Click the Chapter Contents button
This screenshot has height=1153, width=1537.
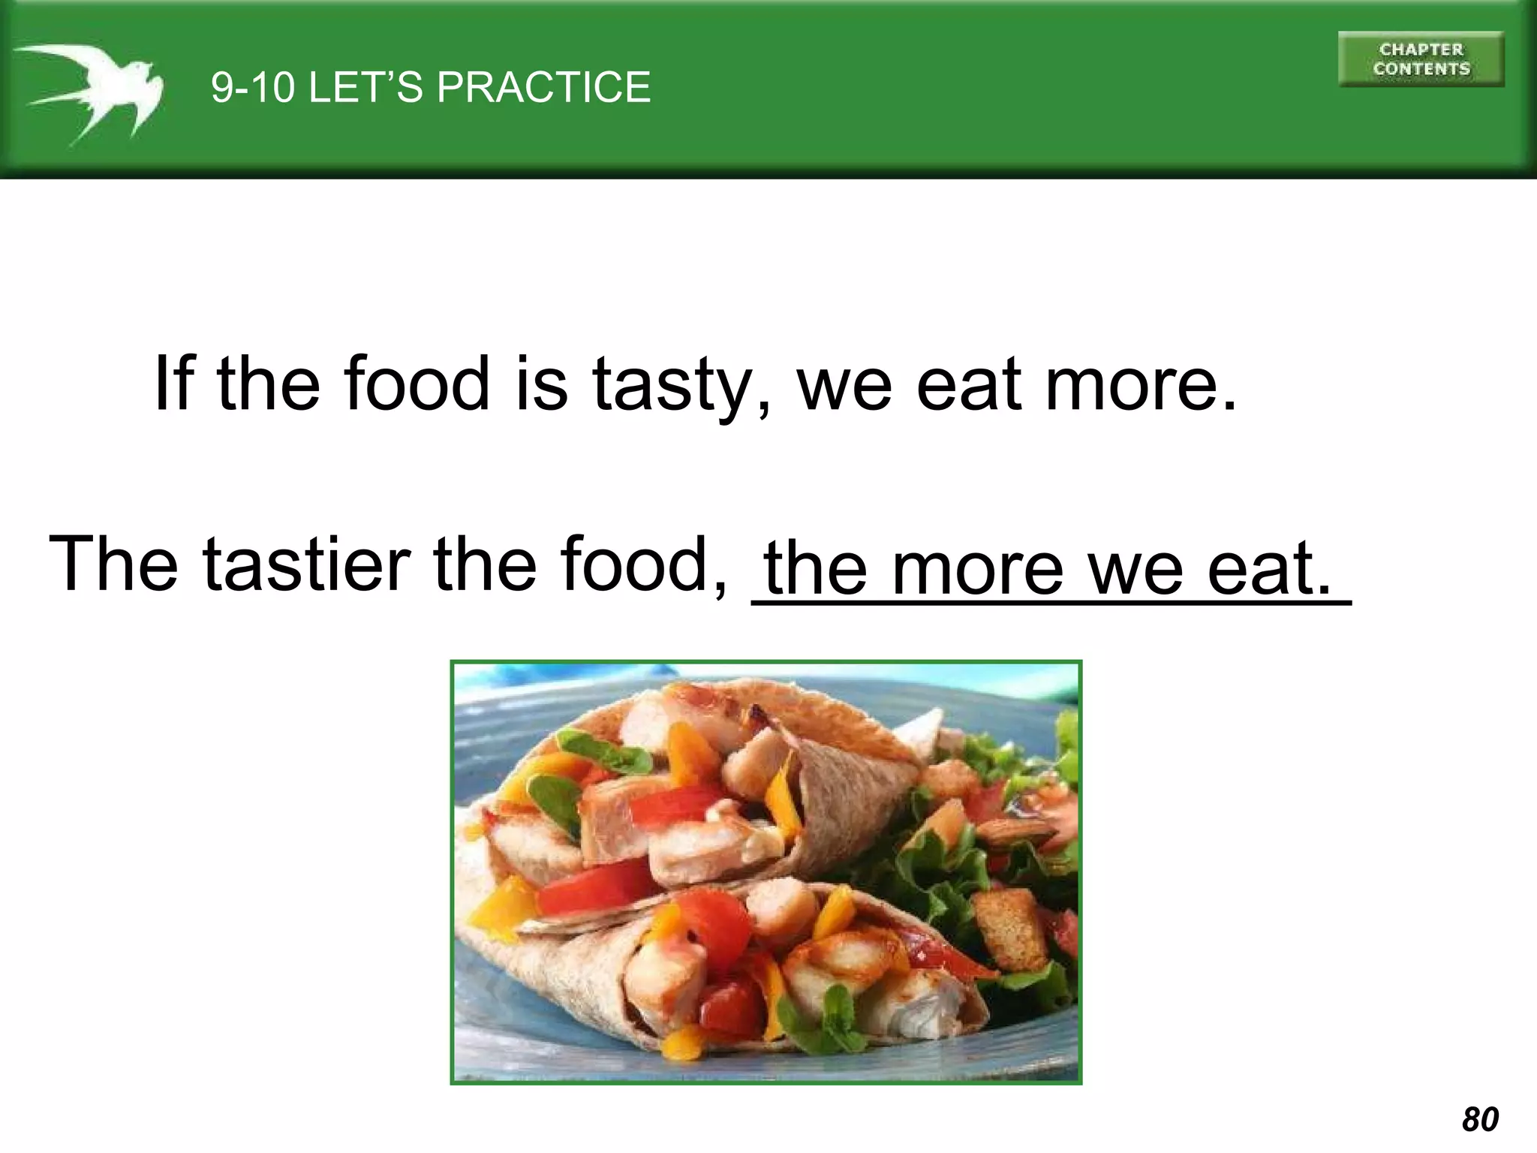click(1421, 59)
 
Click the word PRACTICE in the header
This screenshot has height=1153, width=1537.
click(543, 87)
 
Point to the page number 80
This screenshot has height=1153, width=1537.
click(1480, 1119)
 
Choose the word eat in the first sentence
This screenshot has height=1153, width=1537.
click(969, 384)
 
